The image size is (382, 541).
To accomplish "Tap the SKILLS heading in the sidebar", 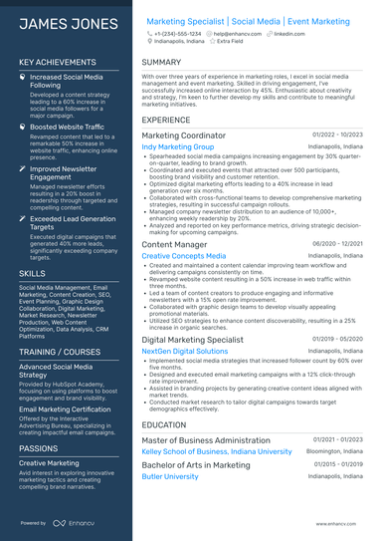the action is coord(32,272).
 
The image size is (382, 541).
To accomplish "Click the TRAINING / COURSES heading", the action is coord(59,353).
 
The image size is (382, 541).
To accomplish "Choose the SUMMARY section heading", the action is coord(161,62).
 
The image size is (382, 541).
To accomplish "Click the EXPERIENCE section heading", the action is coord(166,120).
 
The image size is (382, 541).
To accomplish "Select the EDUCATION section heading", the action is coord(164,423).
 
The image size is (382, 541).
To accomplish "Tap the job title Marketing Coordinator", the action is coord(184,135).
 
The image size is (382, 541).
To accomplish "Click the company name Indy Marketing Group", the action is coord(178,147).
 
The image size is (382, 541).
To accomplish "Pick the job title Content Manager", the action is coord(174,244).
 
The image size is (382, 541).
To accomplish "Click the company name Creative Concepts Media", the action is coord(183,256).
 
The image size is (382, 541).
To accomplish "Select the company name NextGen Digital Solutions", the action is coord(185,352).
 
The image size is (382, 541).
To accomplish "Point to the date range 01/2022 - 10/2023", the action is coord(337,135).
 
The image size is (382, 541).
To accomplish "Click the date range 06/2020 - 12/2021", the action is coord(337,243).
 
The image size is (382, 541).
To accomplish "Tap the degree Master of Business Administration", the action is coord(206,440).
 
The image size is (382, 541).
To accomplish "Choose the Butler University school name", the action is coord(170,476).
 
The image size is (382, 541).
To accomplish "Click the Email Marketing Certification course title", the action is coord(66,408).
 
